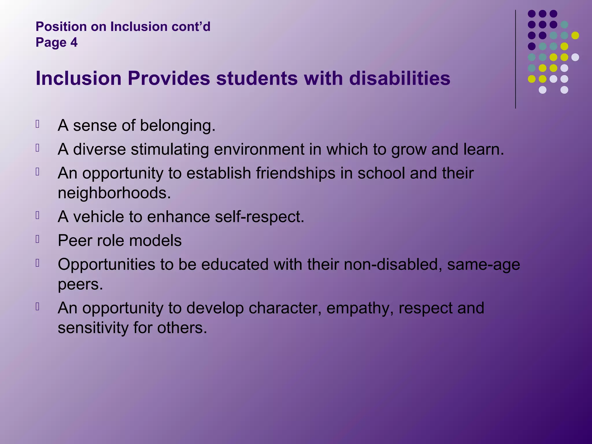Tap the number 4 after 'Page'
[74, 42]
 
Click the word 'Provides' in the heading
[169, 78]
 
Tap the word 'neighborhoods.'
[114, 193]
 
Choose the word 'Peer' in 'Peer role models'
[75, 240]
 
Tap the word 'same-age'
[483, 264]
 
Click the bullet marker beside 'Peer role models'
[37, 239]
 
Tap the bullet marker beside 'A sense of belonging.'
[37, 124]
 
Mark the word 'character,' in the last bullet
[285, 308]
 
